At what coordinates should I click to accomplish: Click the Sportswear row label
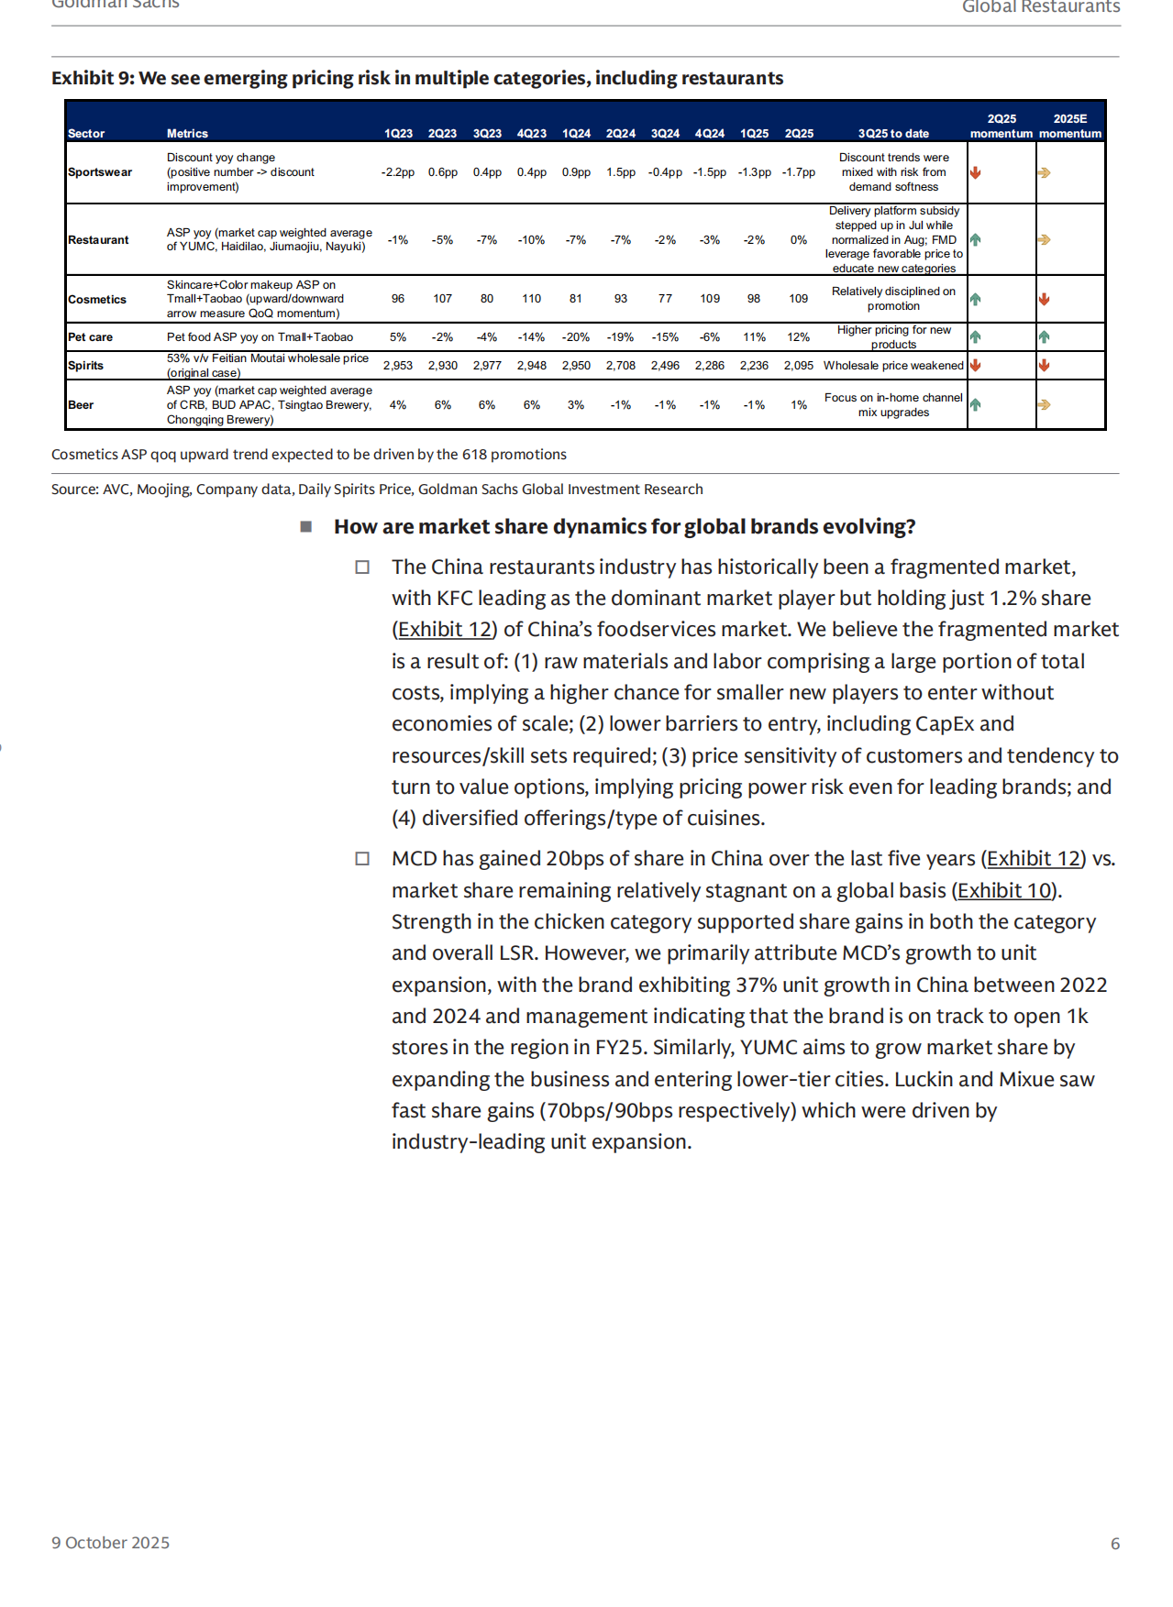point(100,172)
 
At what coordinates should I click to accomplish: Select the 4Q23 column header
point(531,134)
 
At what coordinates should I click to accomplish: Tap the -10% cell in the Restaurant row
point(531,240)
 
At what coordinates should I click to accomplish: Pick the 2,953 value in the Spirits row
point(398,366)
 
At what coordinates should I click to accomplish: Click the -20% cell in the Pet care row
point(576,337)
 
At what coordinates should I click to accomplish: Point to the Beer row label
point(81,405)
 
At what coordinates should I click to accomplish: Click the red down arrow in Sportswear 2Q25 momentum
point(976,172)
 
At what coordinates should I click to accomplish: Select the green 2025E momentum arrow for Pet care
point(1044,337)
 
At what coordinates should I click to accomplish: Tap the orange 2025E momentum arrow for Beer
point(1044,405)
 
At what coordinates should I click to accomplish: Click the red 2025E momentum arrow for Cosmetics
point(1044,300)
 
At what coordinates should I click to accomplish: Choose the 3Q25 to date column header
point(893,134)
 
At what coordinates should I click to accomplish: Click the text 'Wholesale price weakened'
point(893,366)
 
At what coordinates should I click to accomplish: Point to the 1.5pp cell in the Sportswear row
point(621,172)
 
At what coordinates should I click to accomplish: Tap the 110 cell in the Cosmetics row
point(531,299)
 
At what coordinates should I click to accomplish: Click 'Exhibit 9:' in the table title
point(93,79)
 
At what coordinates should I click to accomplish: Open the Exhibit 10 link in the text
point(1005,891)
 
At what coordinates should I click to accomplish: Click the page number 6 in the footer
point(1115,1544)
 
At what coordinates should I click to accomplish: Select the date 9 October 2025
point(111,1544)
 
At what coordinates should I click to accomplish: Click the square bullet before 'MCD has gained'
point(362,859)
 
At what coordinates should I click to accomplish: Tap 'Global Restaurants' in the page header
point(1041,7)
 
